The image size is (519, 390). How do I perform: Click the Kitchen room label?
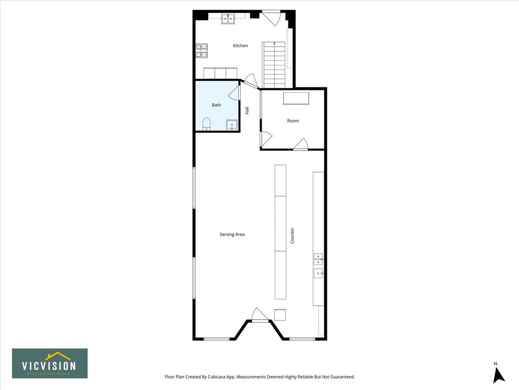point(240,46)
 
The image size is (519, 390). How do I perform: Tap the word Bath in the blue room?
point(216,105)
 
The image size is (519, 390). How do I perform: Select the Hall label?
point(247,110)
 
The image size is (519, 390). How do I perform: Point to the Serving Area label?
point(232,235)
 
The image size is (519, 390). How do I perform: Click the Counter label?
point(292,236)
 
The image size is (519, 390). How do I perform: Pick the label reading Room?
point(293,121)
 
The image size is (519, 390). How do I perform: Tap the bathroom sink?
point(232,125)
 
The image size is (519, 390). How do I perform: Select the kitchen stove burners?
point(202,51)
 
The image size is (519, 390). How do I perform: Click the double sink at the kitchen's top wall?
point(228,19)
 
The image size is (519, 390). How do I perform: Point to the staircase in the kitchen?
point(274,64)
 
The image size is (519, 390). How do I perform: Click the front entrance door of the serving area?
point(259,314)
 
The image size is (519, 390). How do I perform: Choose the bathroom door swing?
point(234,93)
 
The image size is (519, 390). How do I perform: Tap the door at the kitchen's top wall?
point(272,18)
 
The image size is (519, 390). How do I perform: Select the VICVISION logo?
point(50,363)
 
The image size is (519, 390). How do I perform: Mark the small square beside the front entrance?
point(280,315)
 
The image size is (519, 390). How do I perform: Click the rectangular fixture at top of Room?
point(296,99)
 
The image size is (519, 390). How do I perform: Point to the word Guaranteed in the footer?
point(343,377)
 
